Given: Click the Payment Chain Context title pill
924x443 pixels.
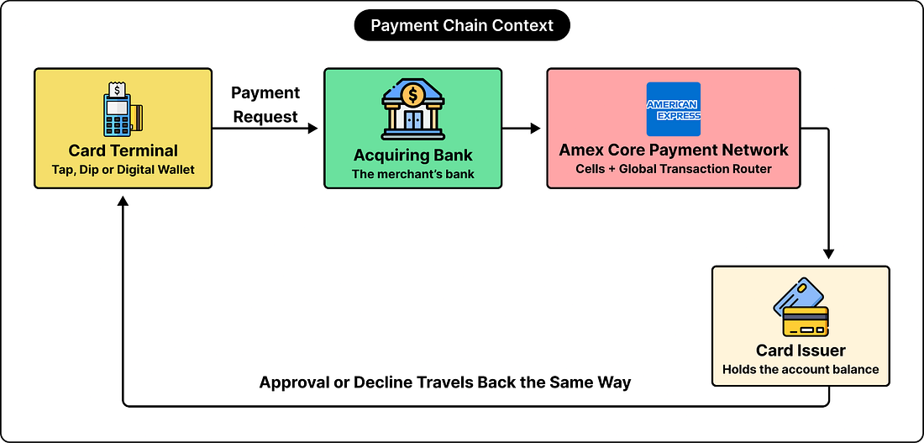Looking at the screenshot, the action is click(x=462, y=26).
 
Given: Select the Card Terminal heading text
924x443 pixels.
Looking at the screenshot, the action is click(x=123, y=150).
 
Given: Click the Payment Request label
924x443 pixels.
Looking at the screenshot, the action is click(x=265, y=104).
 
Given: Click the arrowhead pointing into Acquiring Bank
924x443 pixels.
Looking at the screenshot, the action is click(x=312, y=128).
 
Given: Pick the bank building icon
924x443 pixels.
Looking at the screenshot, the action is click(x=412, y=109).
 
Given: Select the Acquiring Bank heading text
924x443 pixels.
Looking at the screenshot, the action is click(x=412, y=156).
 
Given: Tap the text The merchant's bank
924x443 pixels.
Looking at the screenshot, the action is click(x=412, y=174).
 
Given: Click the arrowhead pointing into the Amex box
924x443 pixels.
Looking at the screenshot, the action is click(x=535, y=128).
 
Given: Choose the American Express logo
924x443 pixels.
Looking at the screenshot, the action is click(x=674, y=109).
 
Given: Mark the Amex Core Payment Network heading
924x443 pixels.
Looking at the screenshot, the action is click(x=674, y=150).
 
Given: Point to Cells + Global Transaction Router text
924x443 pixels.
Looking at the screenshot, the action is click(x=674, y=169).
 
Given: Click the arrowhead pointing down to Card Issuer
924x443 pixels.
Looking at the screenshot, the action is click(x=828, y=253).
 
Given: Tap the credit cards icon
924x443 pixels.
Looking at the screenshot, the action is click(x=801, y=307).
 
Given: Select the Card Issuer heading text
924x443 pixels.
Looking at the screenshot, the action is click(x=801, y=351).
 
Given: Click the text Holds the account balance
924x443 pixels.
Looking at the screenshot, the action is click(x=801, y=370).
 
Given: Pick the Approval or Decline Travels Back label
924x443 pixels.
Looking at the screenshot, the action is click(x=445, y=382).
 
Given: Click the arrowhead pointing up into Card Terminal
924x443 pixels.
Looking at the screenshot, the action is click(x=123, y=201).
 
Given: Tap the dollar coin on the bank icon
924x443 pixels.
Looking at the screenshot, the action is click(x=412, y=94).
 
